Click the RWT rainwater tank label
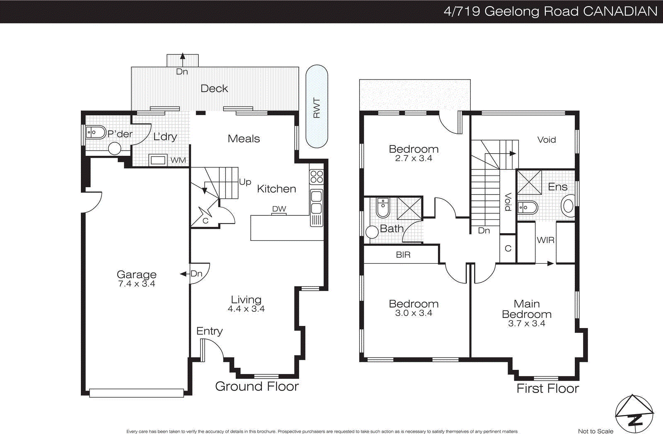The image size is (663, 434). pos(317,108)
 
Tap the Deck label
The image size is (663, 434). pos(214,89)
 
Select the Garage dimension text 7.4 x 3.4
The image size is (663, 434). pos(136,284)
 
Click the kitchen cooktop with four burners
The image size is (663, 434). pos(317,177)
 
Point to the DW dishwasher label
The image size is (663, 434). pos(279,209)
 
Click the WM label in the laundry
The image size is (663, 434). pos(178,160)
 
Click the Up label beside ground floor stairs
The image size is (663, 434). pos(245,182)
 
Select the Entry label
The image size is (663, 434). pos(209,331)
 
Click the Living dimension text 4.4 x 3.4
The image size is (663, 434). pos(246,309)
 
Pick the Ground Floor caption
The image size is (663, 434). pos(257,386)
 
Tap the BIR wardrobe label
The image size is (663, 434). pos(403,255)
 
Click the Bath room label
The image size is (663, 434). pos(392,229)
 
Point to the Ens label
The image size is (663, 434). pos(557,187)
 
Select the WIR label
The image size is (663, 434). pos(545,240)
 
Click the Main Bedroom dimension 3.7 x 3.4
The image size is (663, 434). pos(527,324)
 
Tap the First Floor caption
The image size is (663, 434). pos(547,388)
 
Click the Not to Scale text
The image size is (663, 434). pos(595,431)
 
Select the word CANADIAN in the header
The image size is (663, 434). pos(620,11)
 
